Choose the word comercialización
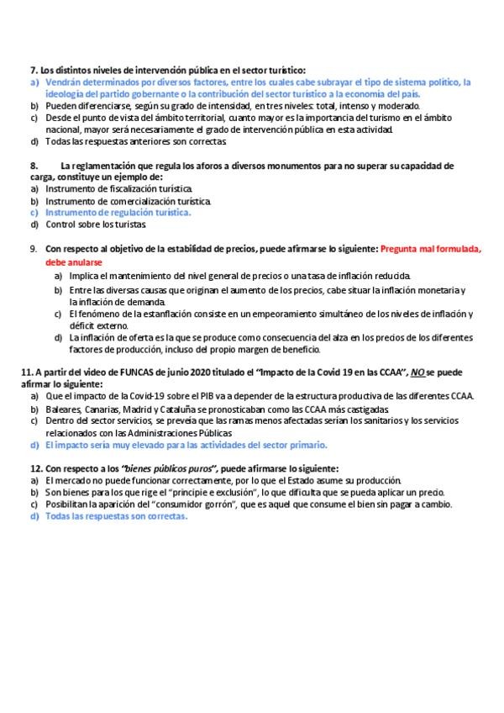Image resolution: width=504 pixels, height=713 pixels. [129, 201]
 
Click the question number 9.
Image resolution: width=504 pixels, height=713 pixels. [33, 249]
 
